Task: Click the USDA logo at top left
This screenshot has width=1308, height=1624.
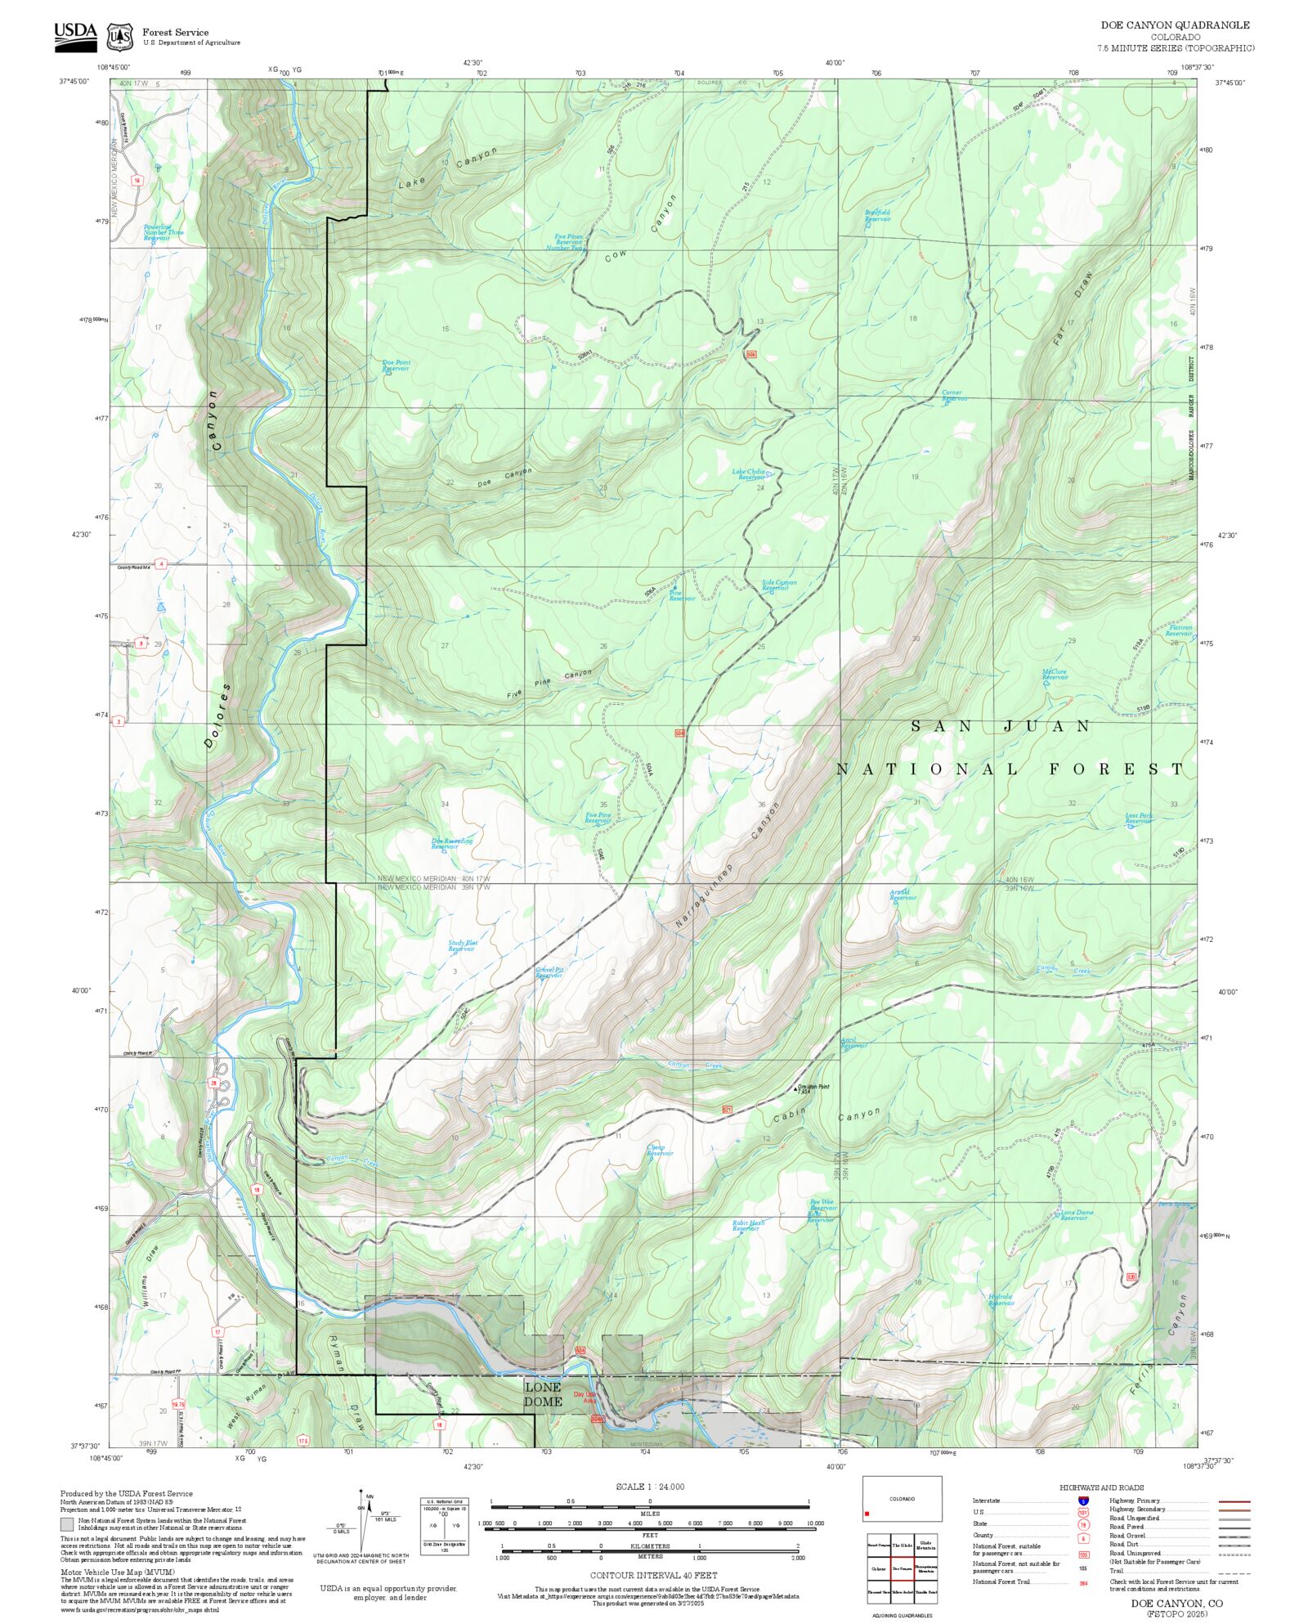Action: [75, 37]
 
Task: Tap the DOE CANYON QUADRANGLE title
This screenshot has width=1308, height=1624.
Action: [1175, 25]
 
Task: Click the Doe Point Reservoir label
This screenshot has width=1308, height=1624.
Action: [396, 366]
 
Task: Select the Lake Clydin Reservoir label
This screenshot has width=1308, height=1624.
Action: [749, 474]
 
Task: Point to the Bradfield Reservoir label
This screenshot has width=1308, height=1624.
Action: [877, 216]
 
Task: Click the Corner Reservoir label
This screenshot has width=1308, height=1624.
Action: [953, 396]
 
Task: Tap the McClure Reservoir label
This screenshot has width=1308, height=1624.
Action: [1055, 675]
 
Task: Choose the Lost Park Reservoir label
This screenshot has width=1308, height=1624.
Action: [1138, 819]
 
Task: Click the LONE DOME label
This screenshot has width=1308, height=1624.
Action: [543, 1394]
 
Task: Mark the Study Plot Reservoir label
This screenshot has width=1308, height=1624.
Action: [463, 946]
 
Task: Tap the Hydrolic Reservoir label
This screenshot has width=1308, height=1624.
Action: [1001, 1299]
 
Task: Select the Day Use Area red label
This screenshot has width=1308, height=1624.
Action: [585, 1397]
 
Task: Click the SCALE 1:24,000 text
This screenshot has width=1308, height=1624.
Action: [650, 1487]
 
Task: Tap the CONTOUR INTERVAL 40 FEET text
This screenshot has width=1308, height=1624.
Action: [653, 1575]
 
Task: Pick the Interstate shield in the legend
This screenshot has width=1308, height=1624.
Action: [1083, 1501]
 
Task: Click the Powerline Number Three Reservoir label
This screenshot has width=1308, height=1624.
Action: [163, 232]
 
